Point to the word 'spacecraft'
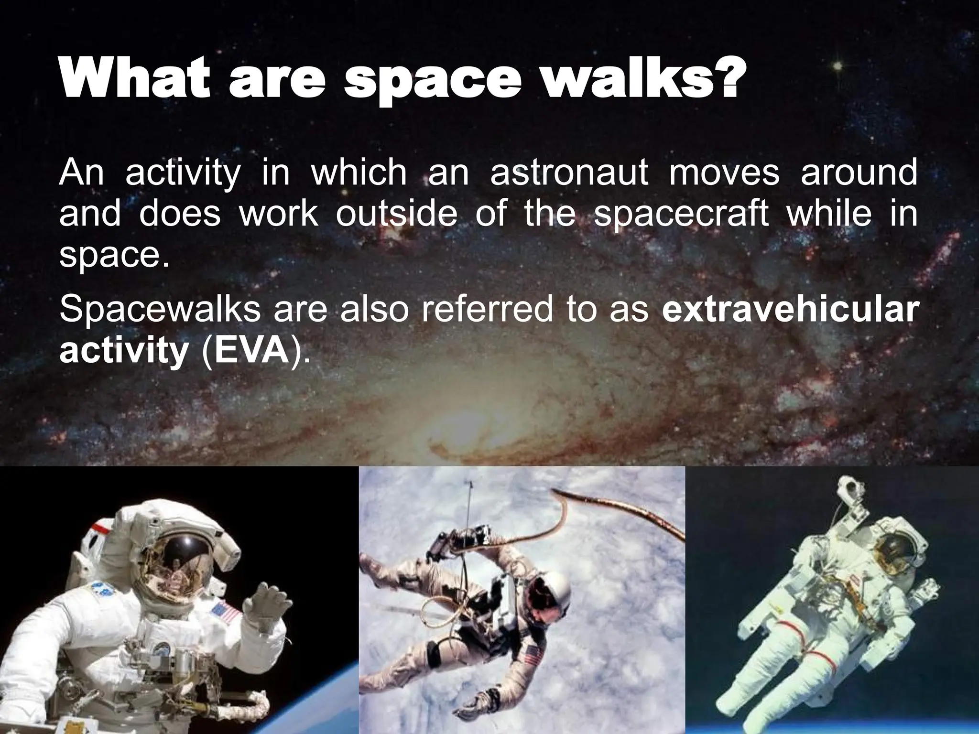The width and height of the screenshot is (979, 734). [x=681, y=215]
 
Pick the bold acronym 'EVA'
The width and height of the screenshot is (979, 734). [x=249, y=352]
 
